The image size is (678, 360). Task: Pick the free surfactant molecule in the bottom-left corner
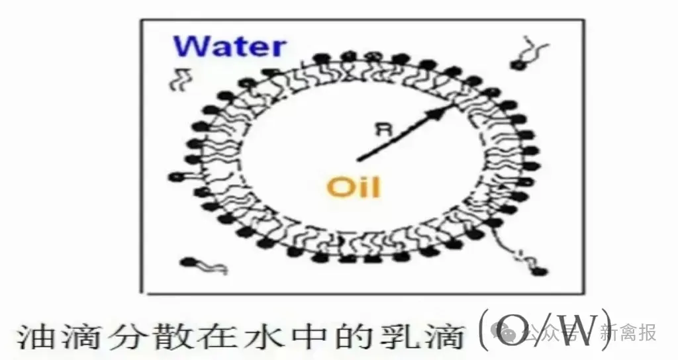tap(203, 265)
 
